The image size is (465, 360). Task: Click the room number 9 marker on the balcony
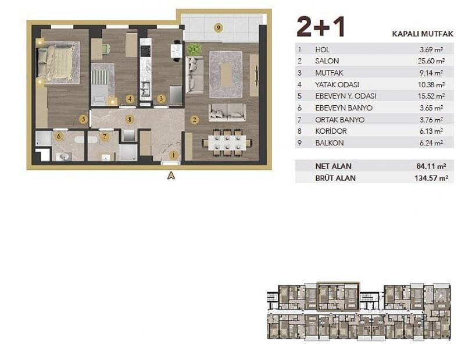coord(219,28)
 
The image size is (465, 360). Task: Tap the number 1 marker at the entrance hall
coord(173,155)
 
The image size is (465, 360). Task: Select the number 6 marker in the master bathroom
coord(59,137)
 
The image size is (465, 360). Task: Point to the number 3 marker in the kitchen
coord(161,98)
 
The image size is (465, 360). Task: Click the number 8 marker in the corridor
coord(129,120)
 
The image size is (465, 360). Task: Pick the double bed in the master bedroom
coord(56,62)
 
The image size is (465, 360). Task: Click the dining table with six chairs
coord(227,142)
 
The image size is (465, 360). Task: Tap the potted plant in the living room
coord(194,49)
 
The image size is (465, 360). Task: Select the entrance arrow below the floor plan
coord(171,176)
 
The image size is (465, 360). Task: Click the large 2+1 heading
coord(321,27)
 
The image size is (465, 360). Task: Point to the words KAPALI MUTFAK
coord(423,34)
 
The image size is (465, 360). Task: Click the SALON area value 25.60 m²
coord(432,61)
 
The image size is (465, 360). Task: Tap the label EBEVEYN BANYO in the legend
coord(344,108)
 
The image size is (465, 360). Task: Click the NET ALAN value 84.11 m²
coord(431,166)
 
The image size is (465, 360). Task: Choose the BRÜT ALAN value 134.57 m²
coord(431,178)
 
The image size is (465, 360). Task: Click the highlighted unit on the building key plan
coord(338,297)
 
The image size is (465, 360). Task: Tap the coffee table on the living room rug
coord(226,74)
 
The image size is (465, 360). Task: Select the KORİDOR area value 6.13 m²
coord(431,131)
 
